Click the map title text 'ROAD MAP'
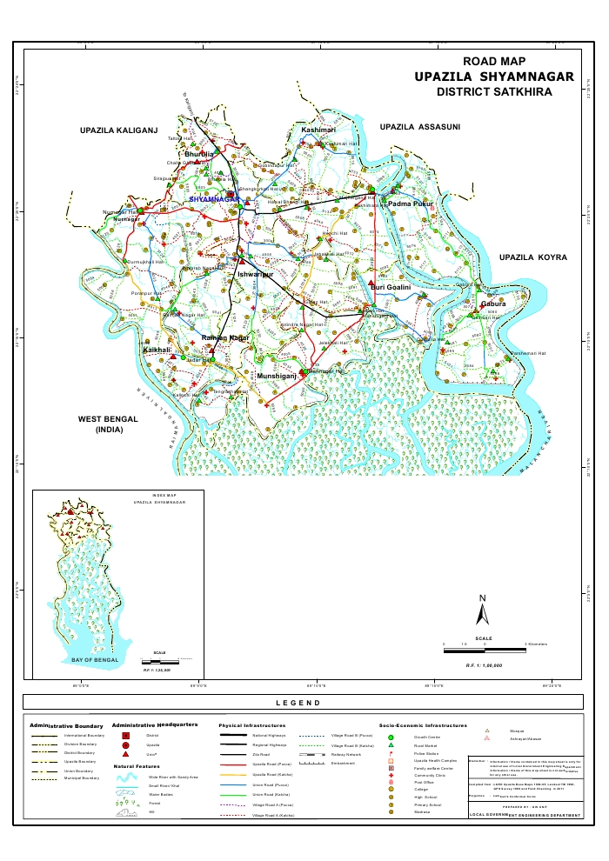(x=494, y=62)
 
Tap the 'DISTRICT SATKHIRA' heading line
(x=494, y=91)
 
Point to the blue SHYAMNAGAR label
(x=214, y=199)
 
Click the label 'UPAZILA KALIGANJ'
(x=117, y=130)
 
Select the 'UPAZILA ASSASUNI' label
(x=419, y=127)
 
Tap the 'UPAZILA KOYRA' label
(x=532, y=258)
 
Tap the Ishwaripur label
(x=256, y=275)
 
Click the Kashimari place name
(x=318, y=130)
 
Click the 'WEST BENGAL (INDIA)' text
(x=109, y=424)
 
